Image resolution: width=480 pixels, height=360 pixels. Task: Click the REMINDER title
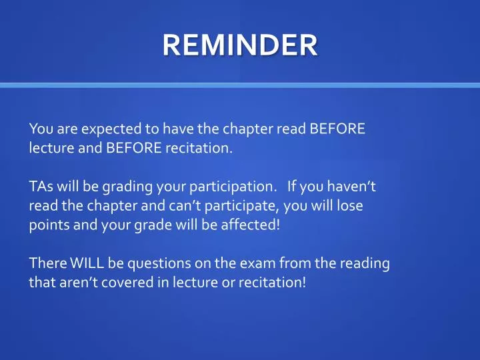240,45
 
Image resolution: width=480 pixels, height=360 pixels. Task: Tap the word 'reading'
364,264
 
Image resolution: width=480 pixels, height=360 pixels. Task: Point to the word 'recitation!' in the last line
274,282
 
